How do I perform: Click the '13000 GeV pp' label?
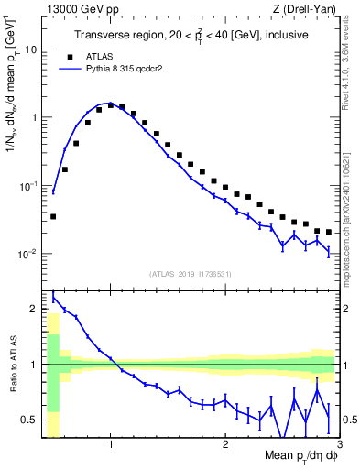(76, 9)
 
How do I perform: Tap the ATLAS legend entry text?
(111, 55)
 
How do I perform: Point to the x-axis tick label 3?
(338, 445)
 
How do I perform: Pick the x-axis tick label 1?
(110, 445)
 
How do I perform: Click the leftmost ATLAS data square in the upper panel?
(53, 216)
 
